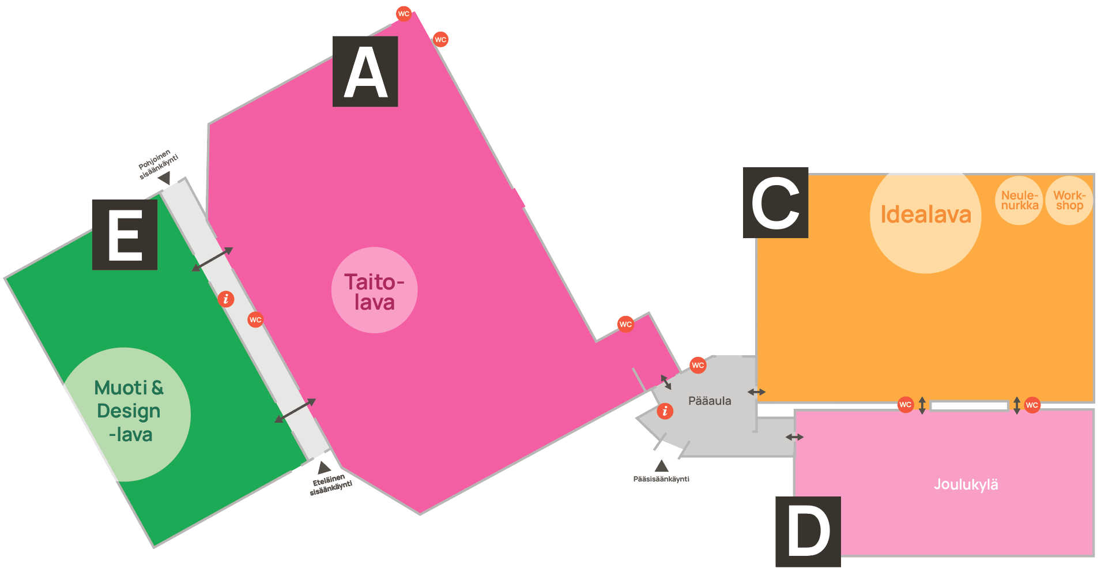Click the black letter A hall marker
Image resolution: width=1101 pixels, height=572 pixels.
pos(365,71)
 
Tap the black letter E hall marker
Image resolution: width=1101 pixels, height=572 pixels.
pos(125,235)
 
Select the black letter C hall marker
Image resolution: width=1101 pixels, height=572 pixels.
pos(775,202)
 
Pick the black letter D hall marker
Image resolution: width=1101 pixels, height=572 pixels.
pos(808,531)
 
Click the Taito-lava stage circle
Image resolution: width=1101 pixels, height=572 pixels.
pos(374,291)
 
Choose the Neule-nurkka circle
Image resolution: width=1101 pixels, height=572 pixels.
pos(1019,201)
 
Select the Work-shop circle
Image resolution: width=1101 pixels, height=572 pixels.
pos(1069,201)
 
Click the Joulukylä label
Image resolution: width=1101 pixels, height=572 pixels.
pos(966,484)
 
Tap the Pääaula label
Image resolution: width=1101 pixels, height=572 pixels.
pos(710,401)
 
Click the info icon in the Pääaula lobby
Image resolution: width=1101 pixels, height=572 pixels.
pos(665,411)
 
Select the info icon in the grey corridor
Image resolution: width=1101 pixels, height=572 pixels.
pos(226,299)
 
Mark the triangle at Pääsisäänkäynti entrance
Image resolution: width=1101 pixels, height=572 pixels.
pos(662,466)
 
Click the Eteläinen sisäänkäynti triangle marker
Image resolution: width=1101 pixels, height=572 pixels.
pos(324,467)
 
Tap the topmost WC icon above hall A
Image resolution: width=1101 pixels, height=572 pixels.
pos(404,14)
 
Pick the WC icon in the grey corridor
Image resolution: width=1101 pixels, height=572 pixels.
pos(255,319)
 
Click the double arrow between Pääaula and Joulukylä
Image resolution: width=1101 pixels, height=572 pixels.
pos(794,437)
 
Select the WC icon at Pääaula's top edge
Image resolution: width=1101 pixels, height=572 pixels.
pos(697,365)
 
